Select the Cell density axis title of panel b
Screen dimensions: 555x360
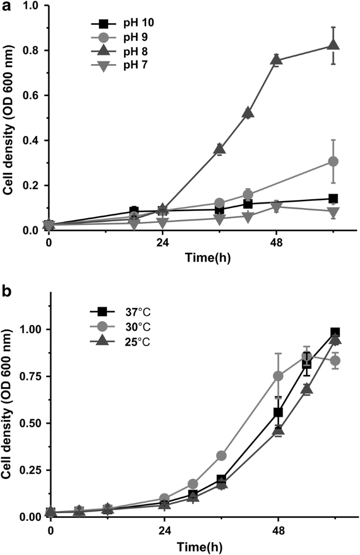pyautogui.click(x=9, y=407)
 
